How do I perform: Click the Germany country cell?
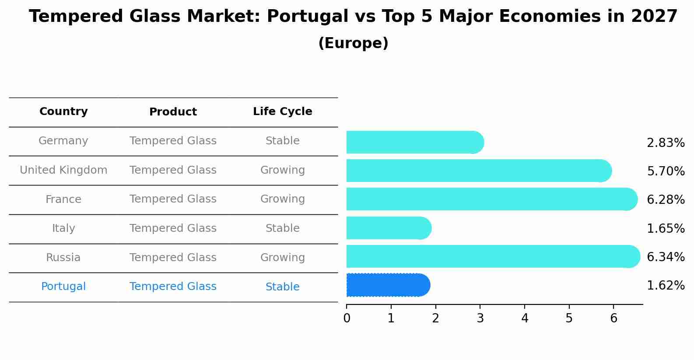pos(63,141)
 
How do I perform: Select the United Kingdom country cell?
pos(63,170)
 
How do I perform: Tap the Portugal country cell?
pos(63,287)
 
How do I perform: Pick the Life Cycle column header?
pos(282,112)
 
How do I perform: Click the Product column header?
pos(173,112)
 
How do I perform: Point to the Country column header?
pos(63,112)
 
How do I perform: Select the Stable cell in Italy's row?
pos(282,228)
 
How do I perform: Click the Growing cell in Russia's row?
pos(282,258)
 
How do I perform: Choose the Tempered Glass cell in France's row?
pos(173,199)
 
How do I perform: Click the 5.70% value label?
pos(666,171)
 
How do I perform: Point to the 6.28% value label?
pos(666,200)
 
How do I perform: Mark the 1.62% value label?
pos(666,286)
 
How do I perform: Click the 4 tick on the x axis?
pos(525,318)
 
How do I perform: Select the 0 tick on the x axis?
pos(347,318)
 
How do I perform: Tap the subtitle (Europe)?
pos(353,43)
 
